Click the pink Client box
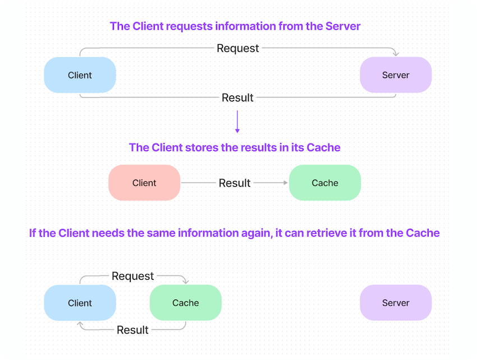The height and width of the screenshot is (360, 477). point(144,183)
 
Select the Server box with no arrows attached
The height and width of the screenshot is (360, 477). point(396,303)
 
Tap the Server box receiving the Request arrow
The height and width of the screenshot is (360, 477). point(396,75)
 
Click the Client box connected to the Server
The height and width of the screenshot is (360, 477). point(80,75)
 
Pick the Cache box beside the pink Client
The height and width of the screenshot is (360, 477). point(325,183)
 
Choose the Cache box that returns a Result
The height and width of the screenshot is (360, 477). point(186,303)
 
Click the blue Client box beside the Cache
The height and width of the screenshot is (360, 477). point(80,303)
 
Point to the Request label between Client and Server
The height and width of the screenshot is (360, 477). point(238,48)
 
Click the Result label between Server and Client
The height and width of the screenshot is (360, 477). point(237,98)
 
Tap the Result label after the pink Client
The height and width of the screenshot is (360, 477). point(235,183)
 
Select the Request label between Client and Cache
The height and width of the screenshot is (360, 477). point(132,276)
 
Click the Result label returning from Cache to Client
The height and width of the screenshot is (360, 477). point(132,330)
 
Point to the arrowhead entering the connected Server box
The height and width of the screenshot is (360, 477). point(396,54)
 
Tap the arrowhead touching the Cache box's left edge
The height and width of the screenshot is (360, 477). point(285,183)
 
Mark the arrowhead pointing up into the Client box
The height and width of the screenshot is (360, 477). point(80,324)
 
